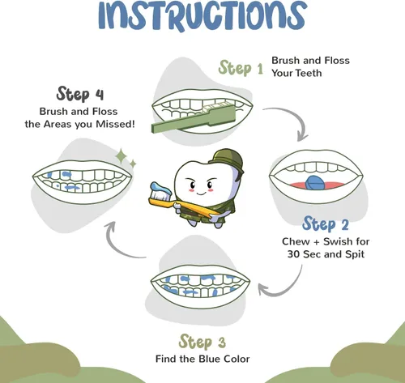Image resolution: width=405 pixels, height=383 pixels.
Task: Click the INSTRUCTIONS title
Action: click(x=202, y=15)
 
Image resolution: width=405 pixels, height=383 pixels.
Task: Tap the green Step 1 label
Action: click(x=241, y=68)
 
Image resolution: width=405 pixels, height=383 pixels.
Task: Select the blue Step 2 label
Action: click(x=326, y=224)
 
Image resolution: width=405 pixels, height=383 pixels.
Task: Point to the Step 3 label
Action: click(x=202, y=342)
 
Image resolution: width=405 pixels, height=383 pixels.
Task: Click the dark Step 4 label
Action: click(x=80, y=94)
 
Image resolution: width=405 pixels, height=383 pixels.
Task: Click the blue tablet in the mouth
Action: click(x=314, y=183)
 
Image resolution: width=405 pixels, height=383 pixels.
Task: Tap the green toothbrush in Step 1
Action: click(x=194, y=119)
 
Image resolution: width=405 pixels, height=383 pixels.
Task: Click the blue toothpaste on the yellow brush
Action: click(x=161, y=188)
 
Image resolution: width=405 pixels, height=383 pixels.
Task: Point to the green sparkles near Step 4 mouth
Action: click(x=126, y=158)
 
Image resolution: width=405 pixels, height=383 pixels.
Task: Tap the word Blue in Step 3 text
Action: click(x=210, y=359)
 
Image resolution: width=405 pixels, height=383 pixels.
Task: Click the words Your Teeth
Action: click(x=296, y=73)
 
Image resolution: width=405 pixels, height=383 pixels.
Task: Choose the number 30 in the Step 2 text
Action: click(x=293, y=254)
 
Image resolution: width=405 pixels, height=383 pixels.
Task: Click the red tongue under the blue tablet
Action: click(x=317, y=185)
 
